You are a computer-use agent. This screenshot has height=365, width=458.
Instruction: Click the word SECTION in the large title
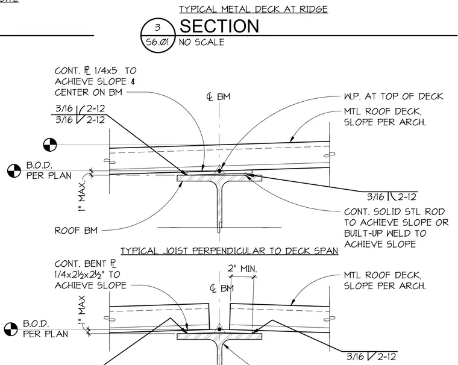coord(219,26)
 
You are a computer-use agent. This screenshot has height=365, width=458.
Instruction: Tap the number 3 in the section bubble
coord(158,28)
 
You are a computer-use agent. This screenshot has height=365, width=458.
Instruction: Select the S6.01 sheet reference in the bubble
coord(158,42)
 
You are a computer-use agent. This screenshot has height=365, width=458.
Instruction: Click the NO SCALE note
coord(201,42)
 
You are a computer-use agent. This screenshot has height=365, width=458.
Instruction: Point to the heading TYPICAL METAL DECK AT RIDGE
coord(254,9)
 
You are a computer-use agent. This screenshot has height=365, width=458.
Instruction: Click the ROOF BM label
coord(76,231)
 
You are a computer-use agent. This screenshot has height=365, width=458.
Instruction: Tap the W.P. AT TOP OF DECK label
coord(394,96)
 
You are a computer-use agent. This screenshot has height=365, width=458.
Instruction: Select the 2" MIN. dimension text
coord(242,269)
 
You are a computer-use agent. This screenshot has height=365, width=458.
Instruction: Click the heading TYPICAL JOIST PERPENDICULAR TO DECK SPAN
coord(229,251)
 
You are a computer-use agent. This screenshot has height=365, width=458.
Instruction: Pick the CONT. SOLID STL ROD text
coord(394,211)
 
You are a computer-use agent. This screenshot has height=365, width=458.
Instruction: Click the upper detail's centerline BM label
coord(219,96)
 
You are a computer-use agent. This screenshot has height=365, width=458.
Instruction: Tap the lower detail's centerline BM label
coord(222,289)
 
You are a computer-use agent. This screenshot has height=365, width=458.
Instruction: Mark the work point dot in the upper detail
coord(219,170)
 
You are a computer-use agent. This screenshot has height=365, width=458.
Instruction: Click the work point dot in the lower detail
coord(219,329)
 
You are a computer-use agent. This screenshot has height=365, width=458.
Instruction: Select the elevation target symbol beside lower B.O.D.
coord(11,329)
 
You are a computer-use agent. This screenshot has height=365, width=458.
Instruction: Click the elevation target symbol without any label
coord(50,145)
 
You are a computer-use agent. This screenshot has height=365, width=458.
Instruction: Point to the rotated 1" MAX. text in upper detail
coord(82,196)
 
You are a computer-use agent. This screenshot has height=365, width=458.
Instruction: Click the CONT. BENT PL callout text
coord(90,275)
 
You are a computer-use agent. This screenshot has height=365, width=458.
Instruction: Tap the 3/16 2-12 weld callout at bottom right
coord(371,357)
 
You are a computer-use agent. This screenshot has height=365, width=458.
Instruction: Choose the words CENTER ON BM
coord(88,92)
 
